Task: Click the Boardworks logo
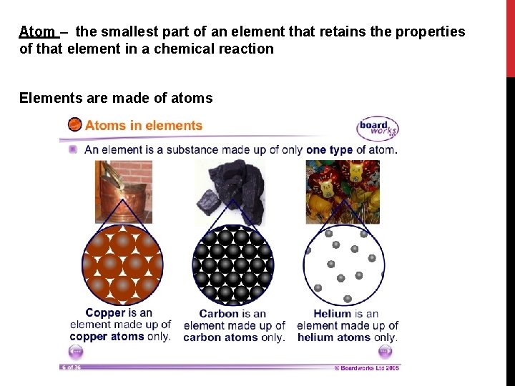point(377,129)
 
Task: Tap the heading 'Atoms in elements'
point(144,126)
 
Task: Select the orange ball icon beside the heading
point(74,125)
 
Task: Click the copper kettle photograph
point(124,189)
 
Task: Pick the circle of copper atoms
point(122,264)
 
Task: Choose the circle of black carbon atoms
point(232,264)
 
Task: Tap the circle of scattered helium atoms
point(343,264)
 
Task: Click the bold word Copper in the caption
point(105,312)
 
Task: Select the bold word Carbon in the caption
point(219,314)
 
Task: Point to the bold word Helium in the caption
point(333,314)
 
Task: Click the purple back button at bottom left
point(76,352)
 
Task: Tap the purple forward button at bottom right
point(385,352)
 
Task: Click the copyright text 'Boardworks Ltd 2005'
point(368,368)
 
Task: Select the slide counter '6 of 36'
point(71,367)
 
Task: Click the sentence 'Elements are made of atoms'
point(116,98)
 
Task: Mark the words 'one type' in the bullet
point(331,150)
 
